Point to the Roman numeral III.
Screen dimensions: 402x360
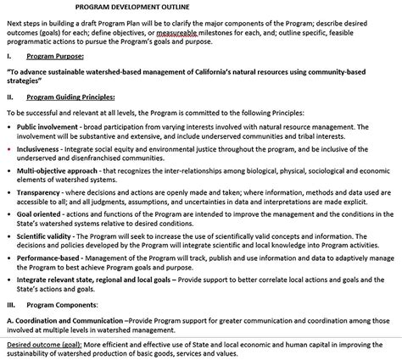coord(11,280)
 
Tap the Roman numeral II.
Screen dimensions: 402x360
coord(10,97)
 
